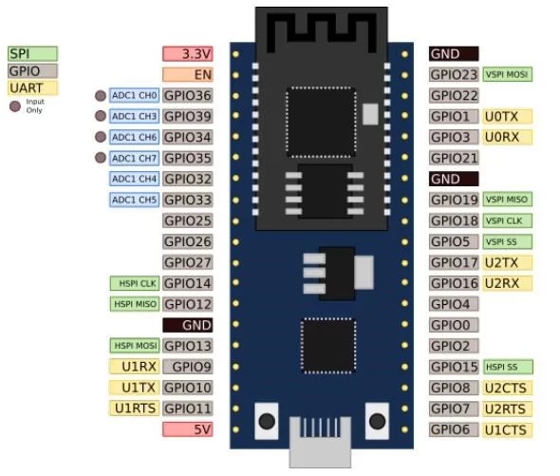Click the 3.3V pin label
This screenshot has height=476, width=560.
point(188,54)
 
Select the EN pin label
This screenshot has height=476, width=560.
point(188,74)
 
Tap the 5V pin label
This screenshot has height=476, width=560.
point(188,428)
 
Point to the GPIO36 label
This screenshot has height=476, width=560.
point(187,95)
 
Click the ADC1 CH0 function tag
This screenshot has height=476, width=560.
point(134,95)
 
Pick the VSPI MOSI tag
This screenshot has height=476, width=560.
point(507,74)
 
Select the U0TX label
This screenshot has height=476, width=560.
point(507,116)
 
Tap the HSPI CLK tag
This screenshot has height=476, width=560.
point(134,283)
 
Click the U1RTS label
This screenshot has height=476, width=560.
point(134,408)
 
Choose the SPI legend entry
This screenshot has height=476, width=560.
point(32,54)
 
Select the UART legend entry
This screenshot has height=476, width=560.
point(32,87)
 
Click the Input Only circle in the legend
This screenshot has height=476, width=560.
point(14,105)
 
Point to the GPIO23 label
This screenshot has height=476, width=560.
point(454,74)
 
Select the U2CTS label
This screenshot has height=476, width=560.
point(507,388)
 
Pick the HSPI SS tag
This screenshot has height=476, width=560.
point(507,367)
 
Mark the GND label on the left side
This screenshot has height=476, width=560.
point(188,325)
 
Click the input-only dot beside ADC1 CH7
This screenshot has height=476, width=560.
point(100,158)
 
